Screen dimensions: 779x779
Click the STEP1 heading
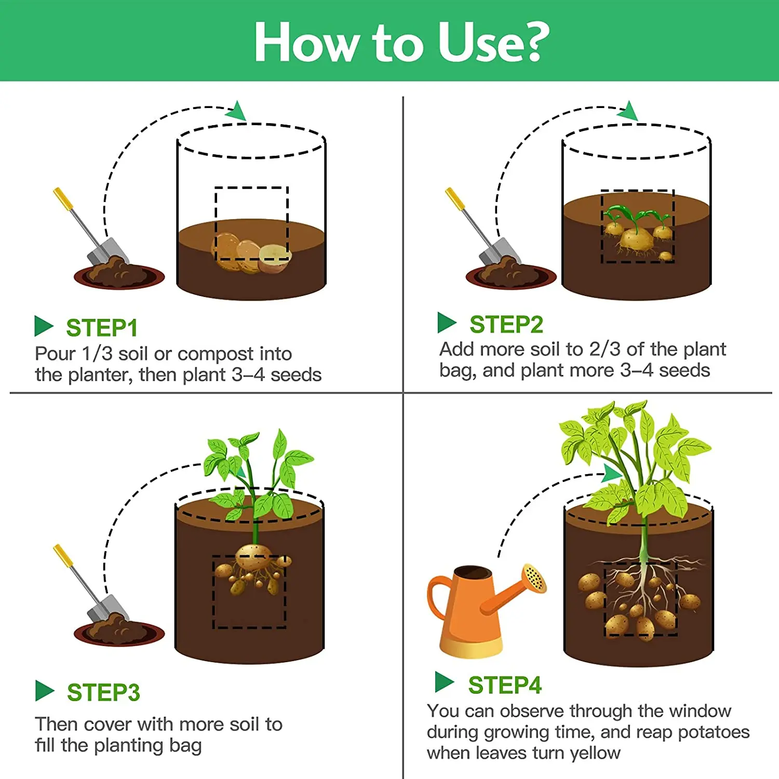point(102,328)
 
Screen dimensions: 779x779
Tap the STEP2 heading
point(506,325)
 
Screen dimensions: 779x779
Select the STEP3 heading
point(103,692)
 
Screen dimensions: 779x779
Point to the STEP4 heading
point(505,685)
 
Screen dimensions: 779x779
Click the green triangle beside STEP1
point(44,326)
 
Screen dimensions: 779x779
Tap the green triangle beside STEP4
point(445,682)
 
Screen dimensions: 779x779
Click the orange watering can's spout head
point(534,577)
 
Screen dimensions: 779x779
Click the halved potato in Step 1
point(274,259)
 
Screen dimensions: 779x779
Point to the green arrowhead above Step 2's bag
point(629,110)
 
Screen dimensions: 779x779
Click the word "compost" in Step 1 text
point(216,354)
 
